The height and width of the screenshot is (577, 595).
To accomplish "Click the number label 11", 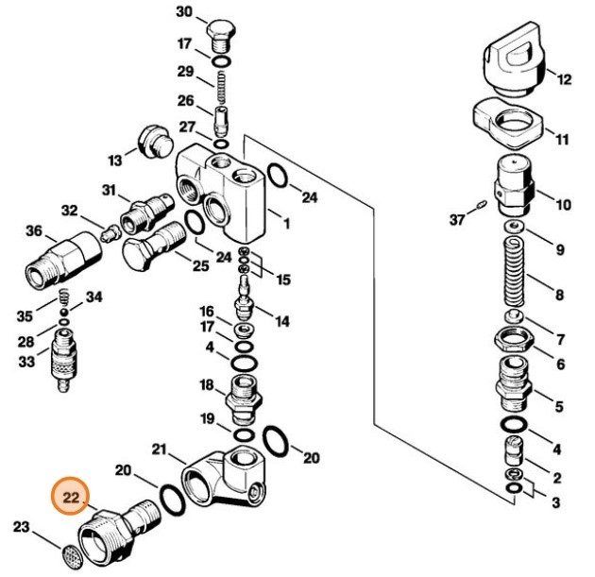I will pyautogui.click(x=561, y=140).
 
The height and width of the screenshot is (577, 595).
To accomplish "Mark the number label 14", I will pyautogui.click(x=281, y=321).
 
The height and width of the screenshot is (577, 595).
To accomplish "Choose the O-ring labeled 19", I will pyautogui.click(x=242, y=433).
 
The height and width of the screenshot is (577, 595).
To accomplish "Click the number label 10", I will pyautogui.click(x=563, y=204).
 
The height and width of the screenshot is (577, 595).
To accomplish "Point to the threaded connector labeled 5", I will pyautogui.click(x=514, y=393).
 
